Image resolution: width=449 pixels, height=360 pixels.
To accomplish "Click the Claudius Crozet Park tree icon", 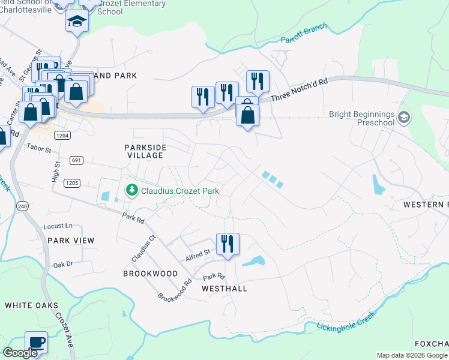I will coord(131,191).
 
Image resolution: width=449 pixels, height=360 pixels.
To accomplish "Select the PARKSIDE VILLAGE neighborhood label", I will coord(145,151).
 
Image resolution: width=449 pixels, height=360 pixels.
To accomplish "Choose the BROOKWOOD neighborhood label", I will coord(150,274).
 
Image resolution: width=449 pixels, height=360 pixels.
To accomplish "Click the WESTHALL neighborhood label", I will coord(224,289).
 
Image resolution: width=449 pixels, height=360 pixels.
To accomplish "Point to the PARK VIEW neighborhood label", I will coord(71,241).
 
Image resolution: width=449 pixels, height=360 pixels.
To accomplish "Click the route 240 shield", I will coord(23,206).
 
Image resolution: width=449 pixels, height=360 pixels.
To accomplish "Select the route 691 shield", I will coord(76,160).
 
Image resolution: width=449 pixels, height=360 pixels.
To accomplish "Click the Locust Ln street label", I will coord(58,226).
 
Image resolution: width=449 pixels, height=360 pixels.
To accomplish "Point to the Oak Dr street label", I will coord(62,264).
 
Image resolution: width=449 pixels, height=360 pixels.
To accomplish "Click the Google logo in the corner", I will coord(20,353).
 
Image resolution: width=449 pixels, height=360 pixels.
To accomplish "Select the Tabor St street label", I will coord(38,146).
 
